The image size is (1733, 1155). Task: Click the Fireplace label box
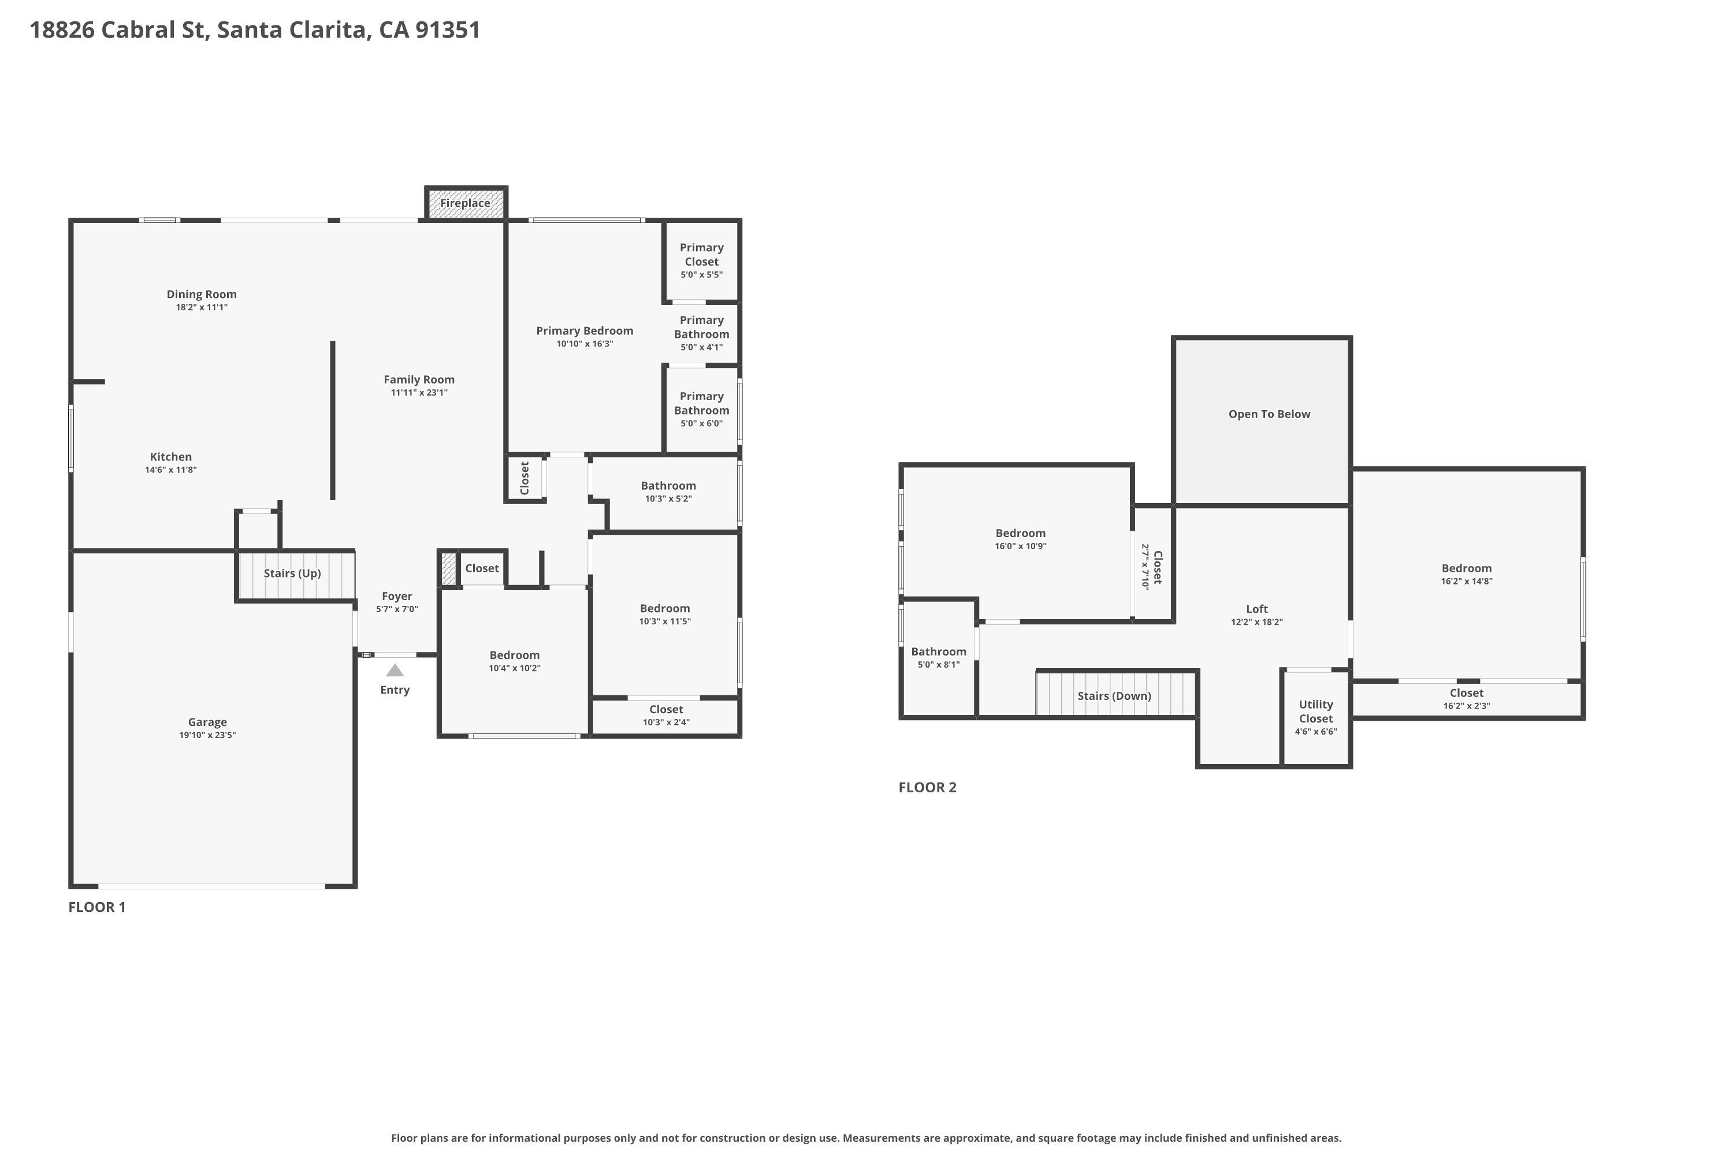click(x=466, y=203)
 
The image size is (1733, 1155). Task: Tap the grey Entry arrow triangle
click(x=395, y=670)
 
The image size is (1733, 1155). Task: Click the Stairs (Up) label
click(x=292, y=573)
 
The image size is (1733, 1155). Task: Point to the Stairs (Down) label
click(x=1114, y=696)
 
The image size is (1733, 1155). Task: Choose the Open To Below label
click(x=1270, y=414)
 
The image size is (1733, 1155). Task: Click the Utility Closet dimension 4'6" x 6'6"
click(x=1316, y=732)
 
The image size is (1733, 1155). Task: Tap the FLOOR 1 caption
click(x=97, y=907)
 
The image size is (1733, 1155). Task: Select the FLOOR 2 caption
click(x=928, y=787)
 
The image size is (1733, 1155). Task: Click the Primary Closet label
click(x=701, y=254)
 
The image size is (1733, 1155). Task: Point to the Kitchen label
click(x=171, y=457)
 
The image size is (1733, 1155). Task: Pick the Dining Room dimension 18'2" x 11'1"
click(x=202, y=307)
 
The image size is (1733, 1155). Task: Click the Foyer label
click(x=397, y=596)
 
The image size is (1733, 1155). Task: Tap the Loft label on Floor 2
click(x=1257, y=609)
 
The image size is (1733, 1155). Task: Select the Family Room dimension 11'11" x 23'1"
click(x=419, y=393)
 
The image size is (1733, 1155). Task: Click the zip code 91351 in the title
click(x=448, y=30)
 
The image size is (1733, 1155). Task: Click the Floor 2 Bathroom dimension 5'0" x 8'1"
click(x=939, y=665)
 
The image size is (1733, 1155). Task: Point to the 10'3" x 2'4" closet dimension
click(x=666, y=722)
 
